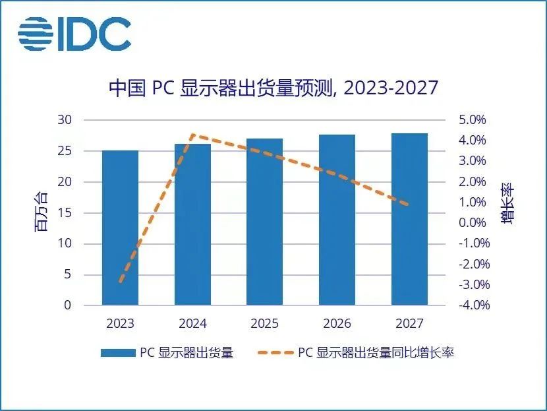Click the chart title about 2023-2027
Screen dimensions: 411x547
[x=273, y=88]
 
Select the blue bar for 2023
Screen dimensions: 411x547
[x=120, y=228]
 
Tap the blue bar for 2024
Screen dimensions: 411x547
[x=192, y=224]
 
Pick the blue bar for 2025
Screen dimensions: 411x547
[x=265, y=222]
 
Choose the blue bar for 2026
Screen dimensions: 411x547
[x=337, y=220]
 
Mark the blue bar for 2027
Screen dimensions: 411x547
[x=409, y=219]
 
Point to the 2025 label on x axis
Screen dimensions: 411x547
[x=265, y=324]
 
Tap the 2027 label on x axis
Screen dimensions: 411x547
[x=409, y=324]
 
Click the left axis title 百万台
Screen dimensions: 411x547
[x=42, y=212]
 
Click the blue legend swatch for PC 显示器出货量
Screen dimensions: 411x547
[x=117, y=353]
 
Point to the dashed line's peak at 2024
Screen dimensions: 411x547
[x=192, y=135]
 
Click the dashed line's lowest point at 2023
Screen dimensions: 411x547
[x=120, y=282]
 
